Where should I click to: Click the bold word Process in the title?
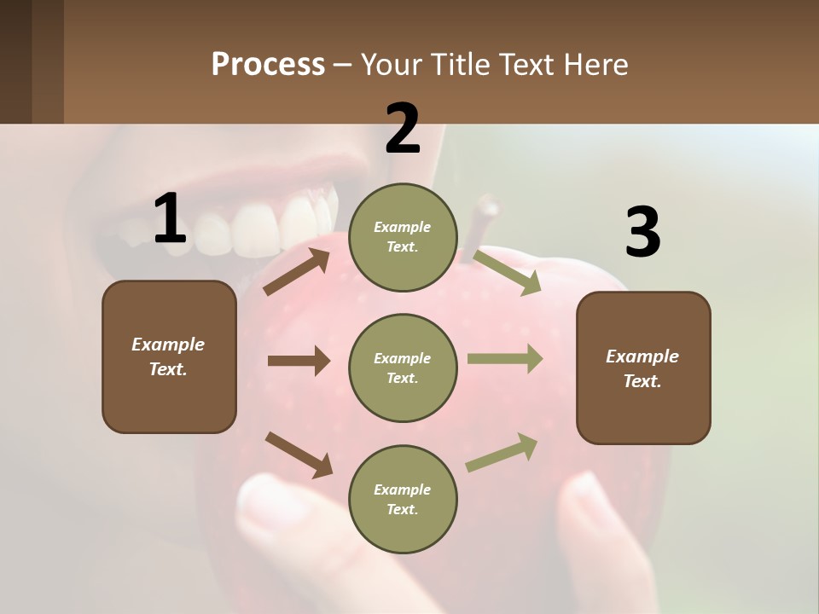coord(268,64)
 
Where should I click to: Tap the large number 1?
coord(170,219)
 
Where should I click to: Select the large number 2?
coord(403,129)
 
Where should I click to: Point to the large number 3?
coord(642,233)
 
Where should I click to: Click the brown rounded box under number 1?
coord(169,356)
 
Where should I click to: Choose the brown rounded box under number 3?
coord(643,368)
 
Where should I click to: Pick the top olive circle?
coord(403,237)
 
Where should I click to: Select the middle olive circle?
coord(403,368)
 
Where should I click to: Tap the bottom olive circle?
coord(403,499)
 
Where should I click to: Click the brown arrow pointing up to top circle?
coord(296,272)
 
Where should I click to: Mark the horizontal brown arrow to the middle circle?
coord(298,361)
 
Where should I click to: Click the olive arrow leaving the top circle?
coord(507,272)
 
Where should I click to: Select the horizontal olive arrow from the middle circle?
coord(504,359)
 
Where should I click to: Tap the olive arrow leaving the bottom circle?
coord(502,453)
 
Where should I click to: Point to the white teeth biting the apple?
coord(256,223)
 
